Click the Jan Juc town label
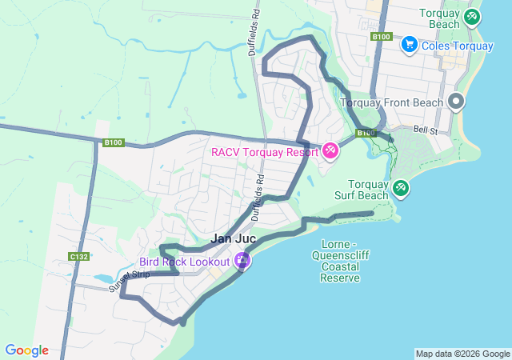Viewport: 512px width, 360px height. tap(234, 238)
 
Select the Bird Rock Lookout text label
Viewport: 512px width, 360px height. tap(185, 262)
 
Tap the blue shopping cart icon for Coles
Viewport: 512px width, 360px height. tap(409, 45)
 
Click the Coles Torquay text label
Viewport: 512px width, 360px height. tap(457, 46)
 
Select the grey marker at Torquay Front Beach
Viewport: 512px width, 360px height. tap(456, 102)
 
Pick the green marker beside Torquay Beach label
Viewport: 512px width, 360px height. tap(472, 16)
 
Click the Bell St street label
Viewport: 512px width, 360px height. tap(426, 130)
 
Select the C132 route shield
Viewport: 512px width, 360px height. tap(78, 257)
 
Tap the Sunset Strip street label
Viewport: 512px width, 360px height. tap(130, 281)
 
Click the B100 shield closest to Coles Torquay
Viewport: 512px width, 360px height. tap(381, 37)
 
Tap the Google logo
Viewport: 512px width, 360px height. tap(26, 350)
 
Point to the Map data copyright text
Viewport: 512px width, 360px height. tap(462, 354)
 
